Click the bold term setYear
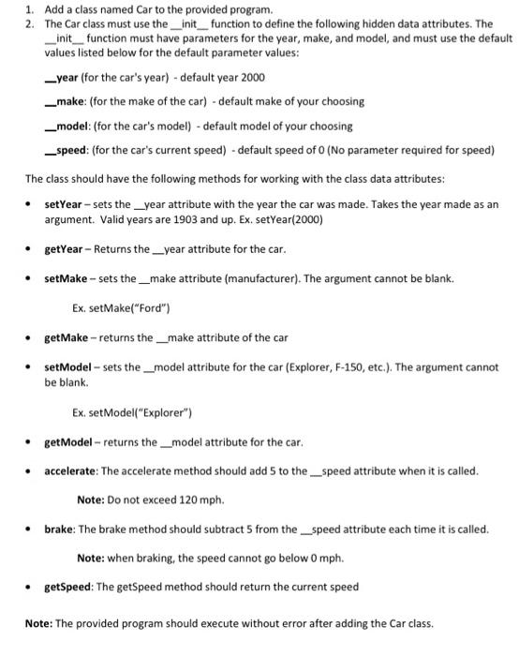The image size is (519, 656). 64,203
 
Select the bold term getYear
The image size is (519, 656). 65,248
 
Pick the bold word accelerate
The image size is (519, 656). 73,470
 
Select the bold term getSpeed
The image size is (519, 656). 71,587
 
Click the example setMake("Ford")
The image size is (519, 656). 122,308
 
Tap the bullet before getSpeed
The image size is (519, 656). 30,588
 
